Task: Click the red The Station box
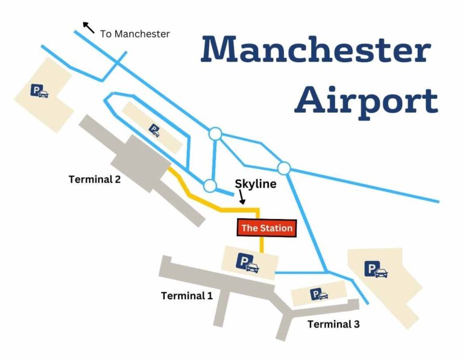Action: point(266,228)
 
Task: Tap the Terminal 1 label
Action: point(187,295)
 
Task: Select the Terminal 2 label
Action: point(95,179)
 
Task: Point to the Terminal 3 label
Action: point(333,324)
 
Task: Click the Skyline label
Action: point(255,184)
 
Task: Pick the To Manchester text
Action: point(135,34)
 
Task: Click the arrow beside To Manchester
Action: point(89,27)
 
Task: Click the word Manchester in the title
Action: point(315,49)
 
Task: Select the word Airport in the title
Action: point(366,100)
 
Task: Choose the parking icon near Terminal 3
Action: point(319,294)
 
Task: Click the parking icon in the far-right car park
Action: point(376,270)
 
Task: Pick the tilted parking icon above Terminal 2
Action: point(155,130)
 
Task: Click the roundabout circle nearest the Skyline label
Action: point(210,185)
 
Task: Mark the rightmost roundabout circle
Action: point(284,168)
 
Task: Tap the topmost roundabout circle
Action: point(214,134)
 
